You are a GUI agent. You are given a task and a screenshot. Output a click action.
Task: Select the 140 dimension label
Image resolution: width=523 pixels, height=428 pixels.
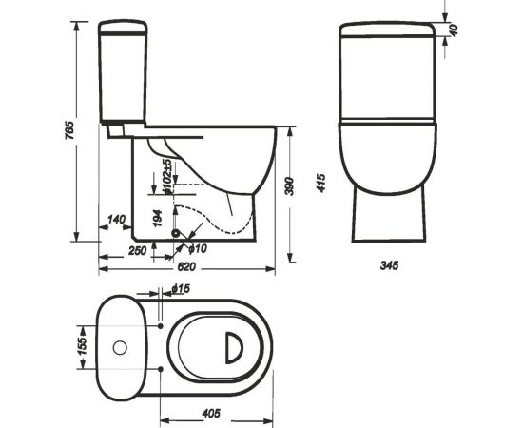tap(117, 220)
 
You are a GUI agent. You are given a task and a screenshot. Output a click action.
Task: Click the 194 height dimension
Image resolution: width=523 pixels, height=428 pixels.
tap(157, 219)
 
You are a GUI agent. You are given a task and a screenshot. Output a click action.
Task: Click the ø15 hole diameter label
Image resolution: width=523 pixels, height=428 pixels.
tap(183, 287)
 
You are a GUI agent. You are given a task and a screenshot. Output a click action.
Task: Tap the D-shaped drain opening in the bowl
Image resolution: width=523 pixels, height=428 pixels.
tap(232, 347)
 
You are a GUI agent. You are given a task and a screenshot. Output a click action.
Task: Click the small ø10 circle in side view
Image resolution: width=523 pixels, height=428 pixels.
tap(174, 231)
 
